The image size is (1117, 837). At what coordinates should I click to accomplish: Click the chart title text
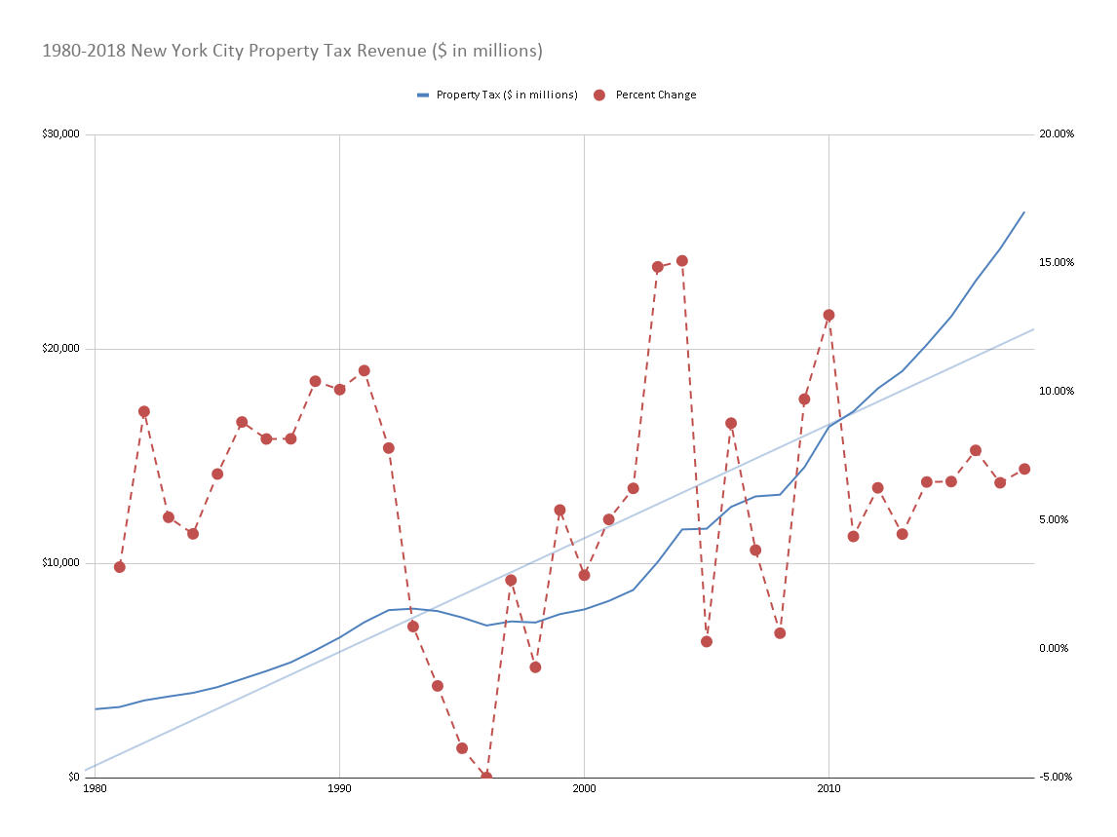[x=292, y=52]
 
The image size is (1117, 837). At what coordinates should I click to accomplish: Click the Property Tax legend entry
[x=497, y=95]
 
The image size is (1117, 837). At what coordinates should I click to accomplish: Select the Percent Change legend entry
[x=644, y=95]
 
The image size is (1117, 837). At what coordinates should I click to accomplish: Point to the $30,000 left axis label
[x=60, y=133]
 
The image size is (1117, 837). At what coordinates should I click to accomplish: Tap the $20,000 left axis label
[x=60, y=348]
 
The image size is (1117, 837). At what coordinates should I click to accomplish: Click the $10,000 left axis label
[x=60, y=563]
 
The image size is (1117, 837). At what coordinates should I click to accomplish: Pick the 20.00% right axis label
[x=1057, y=133]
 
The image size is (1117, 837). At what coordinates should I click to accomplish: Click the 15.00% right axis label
[x=1057, y=262]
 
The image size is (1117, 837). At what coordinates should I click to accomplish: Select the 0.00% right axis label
[x=1054, y=648]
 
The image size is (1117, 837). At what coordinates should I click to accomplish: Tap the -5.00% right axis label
[x=1055, y=777]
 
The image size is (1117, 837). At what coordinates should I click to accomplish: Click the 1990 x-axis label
[x=340, y=788]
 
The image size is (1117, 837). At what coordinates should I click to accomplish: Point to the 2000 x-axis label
[x=584, y=788]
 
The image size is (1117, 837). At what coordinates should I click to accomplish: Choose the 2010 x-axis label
[x=828, y=788]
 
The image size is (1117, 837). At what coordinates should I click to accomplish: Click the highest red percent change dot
[x=681, y=261]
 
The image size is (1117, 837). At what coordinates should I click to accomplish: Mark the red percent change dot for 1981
[x=120, y=567]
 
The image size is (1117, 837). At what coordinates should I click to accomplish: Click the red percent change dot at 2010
[x=828, y=315]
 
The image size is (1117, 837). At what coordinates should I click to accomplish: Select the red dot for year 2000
[x=584, y=575]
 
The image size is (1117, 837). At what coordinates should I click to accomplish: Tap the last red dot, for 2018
[x=1024, y=469]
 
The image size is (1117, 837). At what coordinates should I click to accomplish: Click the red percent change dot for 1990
[x=340, y=390]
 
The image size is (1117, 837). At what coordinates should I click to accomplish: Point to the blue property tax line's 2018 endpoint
[x=1024, y=211]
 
